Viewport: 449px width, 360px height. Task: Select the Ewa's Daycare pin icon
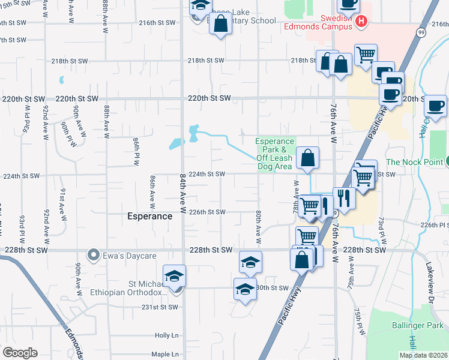coord(94,255)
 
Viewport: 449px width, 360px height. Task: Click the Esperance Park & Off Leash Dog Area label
coord(274,154)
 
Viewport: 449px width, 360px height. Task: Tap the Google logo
coord(20,353)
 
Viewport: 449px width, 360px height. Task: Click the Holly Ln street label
coord(167,336)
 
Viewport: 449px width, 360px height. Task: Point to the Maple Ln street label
coord(165,354)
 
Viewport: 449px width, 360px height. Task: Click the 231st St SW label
coord(160,307)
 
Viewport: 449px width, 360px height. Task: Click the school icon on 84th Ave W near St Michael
coord(175,275)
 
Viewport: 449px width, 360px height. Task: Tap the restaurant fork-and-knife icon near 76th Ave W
coord(343,197)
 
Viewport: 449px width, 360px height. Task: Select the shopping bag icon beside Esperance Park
coord(307,158)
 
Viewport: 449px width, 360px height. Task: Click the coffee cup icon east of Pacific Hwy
coord(435,106)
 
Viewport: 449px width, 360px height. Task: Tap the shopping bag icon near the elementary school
coord(221,25)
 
